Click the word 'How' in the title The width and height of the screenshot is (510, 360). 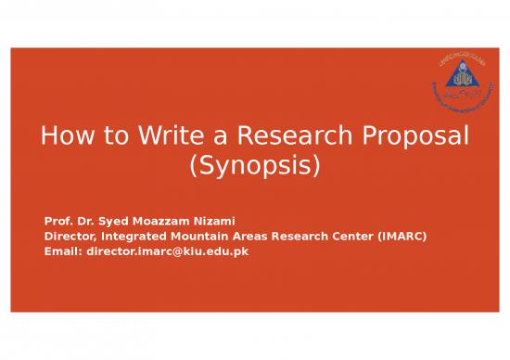pos(64,139)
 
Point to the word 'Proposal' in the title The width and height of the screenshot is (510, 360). pos(414,139)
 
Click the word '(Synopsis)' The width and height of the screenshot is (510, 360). pos(254,169)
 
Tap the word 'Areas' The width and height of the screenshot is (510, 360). pos(254,238)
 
